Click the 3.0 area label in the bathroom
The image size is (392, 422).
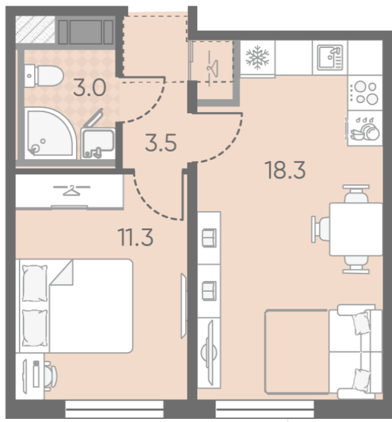tap(90, 87)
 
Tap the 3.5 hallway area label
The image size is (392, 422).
tap(161, 142)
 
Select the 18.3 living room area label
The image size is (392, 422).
tap(285, 170)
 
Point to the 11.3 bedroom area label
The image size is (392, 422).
tap(136, 237)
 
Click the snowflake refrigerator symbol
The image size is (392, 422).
tap(258, 58)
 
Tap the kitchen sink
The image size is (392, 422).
tap(330, 58)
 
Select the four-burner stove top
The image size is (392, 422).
tap(365, 93)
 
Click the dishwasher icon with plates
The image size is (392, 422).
tap(364, 128)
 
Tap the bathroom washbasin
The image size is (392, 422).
tap(98, 143)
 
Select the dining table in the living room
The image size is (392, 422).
tap(356, 229)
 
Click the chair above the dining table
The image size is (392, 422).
tap(356, 194)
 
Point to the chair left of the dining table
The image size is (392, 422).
tap(321, 229)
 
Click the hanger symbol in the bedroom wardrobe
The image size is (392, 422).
tap(72, 191)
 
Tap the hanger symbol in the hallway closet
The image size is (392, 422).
tap(213, 67)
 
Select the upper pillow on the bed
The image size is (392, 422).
tap(35, 283)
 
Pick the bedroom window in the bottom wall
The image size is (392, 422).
tap(114, 409)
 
